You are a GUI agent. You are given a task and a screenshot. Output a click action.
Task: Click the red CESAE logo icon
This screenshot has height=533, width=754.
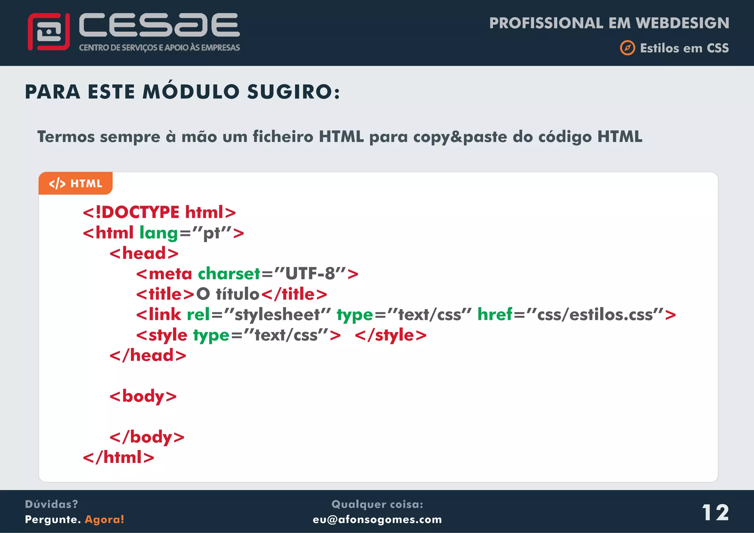[49, 32]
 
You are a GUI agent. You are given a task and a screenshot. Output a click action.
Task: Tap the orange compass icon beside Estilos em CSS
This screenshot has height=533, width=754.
[627, 48]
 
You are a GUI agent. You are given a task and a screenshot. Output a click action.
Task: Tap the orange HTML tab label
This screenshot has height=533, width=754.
[75, 183]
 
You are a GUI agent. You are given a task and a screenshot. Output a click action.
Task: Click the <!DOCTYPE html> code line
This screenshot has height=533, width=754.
[159, 212]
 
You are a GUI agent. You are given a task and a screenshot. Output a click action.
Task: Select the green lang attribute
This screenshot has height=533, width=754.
[158, 233]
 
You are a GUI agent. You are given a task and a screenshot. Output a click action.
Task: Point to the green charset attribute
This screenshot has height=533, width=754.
[229, 274]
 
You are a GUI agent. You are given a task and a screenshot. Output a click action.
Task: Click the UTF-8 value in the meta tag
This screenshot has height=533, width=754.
[310, 274]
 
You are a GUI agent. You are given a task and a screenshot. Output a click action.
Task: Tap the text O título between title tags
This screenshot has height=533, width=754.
[228, 294]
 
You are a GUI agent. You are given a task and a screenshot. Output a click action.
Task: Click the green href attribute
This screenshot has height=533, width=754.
[495, 314]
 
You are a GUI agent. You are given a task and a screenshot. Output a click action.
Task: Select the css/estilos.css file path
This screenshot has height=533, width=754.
[595, 315]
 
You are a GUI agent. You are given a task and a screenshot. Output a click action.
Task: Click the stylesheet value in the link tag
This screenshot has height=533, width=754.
[277, 315]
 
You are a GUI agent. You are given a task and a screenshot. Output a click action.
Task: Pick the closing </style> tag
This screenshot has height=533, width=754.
[391, 335]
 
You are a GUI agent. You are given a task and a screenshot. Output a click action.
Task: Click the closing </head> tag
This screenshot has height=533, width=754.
[148, 356]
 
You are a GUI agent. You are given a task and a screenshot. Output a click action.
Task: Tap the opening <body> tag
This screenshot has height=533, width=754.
[143, 396]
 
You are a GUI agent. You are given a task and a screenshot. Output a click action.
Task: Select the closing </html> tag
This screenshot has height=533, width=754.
[119, 458]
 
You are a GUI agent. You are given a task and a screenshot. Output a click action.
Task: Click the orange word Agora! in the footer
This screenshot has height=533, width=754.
[105, 519]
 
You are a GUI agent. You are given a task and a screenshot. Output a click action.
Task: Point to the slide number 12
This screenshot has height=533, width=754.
[715, 512]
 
